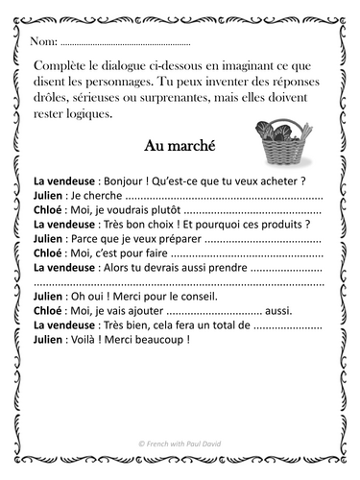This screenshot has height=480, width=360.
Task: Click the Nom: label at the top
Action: pos(43,42)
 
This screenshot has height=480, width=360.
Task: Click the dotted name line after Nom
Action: pos(125,43)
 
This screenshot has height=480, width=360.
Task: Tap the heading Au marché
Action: pos(179,146)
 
